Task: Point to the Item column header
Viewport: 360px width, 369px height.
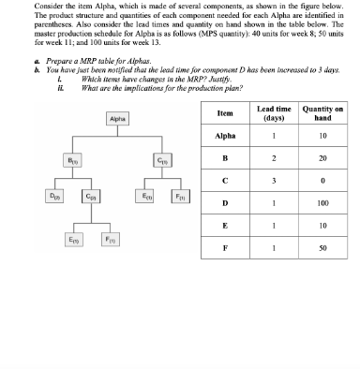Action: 224,139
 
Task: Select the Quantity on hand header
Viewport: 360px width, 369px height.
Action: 326,139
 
